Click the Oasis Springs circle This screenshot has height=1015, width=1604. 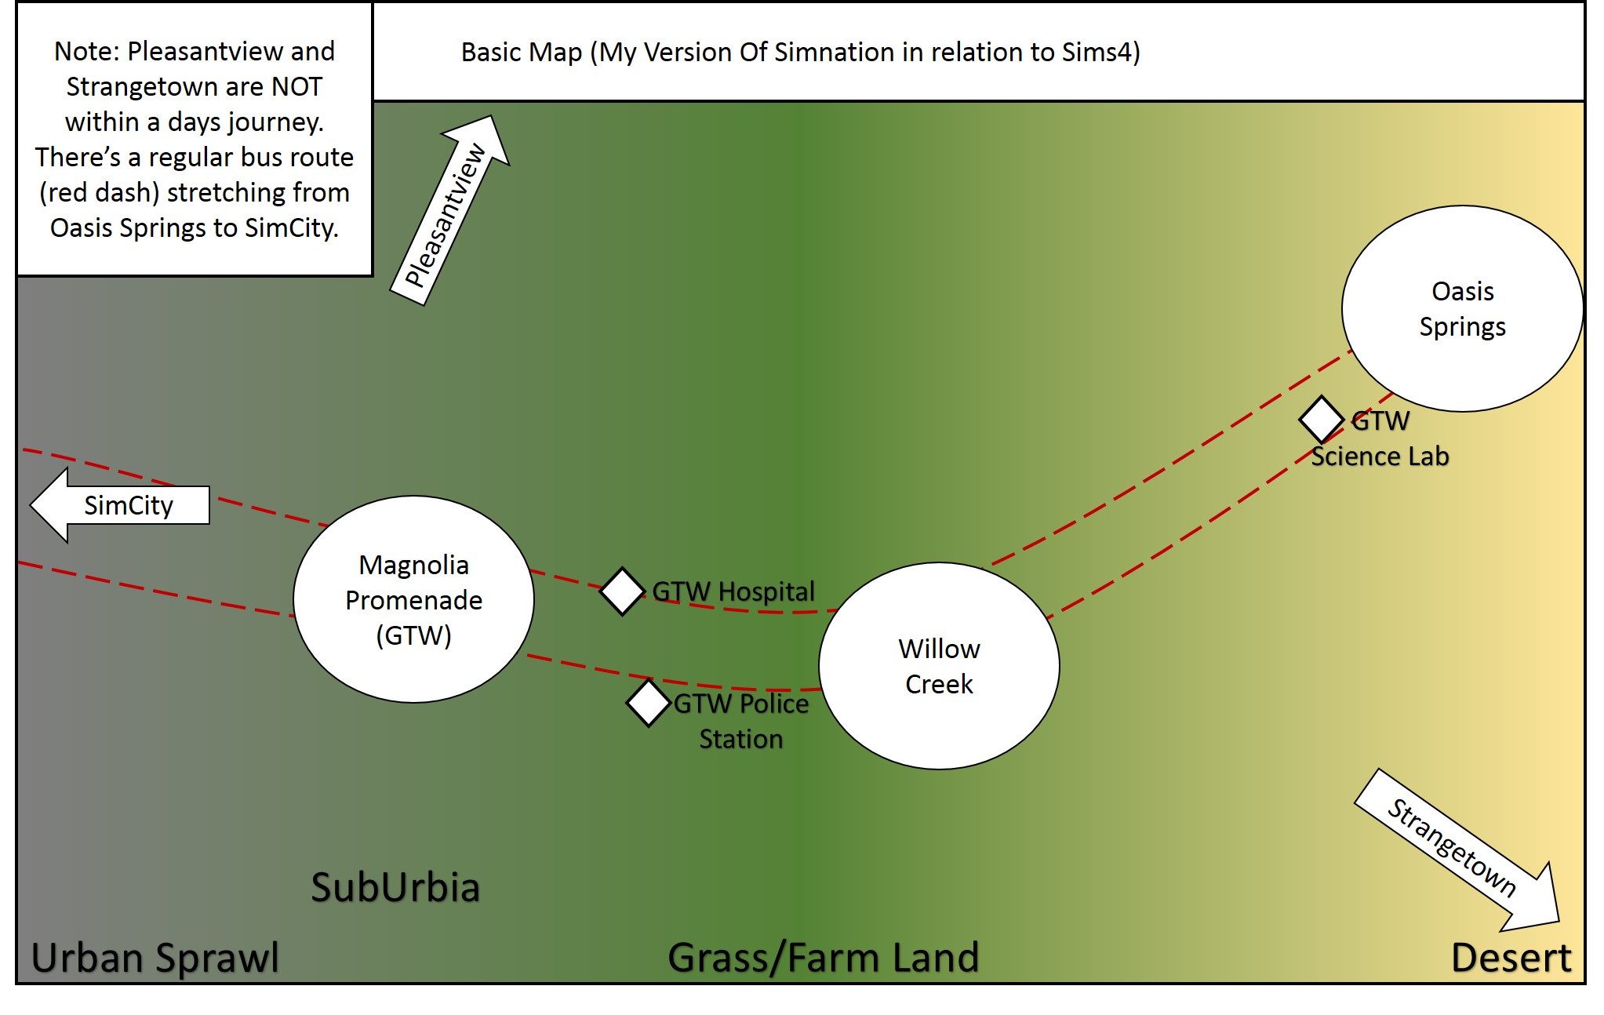[x=1462, y=308]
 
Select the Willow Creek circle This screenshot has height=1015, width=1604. [x=939, y=666]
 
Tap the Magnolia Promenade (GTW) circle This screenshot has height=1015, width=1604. [x=413, y=599]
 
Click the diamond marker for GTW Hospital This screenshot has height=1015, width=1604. [x=623, y=591]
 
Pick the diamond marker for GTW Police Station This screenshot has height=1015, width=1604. [x=649, y=704]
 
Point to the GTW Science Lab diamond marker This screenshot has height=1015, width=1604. [x=1322, y=420]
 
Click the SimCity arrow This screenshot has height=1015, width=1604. [x=118, y=505]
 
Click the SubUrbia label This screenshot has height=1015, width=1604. [x=395, y=887]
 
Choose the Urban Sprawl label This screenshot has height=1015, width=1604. [x=155, y=958]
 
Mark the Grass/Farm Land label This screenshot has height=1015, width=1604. [x=823, y=958]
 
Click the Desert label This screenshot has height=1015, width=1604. [x=1511, y=958]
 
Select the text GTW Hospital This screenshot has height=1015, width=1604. [x=733, y=591]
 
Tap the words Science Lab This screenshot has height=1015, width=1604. [x=1380, y=456]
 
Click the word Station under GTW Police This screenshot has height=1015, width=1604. [x=740, y=739]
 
